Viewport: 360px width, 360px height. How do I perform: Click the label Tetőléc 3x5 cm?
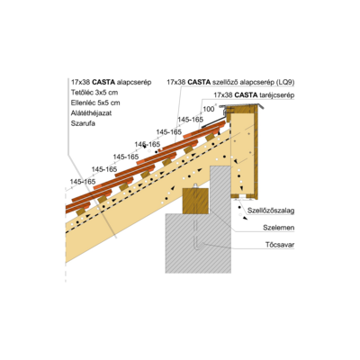(x=94, y=93)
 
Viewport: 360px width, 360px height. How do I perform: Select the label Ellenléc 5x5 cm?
(x=95, y=103)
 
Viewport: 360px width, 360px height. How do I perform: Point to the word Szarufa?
(x=83, y=123)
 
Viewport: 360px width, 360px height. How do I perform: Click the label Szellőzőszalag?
(x=271, y=211)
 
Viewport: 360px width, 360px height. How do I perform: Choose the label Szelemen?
(x=279, y=228)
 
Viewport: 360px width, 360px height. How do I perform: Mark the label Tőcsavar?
(x=280, y=245)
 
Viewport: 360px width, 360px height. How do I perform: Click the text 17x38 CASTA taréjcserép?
(x=254, y=95)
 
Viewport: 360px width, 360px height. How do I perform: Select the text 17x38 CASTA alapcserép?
(x=112, y=82)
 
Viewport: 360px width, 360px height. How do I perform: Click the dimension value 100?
(x=209, y=109)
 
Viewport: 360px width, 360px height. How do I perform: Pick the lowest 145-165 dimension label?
(x=83, y=182)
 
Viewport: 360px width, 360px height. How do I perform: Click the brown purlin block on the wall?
(x=195, y=201)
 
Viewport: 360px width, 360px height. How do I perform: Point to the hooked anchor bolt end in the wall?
(x=198, y=247)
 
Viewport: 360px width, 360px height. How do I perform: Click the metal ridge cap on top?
(x=242, y=105)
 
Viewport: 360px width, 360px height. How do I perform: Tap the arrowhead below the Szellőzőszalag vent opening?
(x=245, y=219)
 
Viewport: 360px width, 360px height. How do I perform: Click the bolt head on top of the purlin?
(x=195, y=185)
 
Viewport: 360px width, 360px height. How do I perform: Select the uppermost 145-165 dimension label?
(x=191, y=120)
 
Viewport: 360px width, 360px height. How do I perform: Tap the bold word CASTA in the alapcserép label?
(x=103, y=82)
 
